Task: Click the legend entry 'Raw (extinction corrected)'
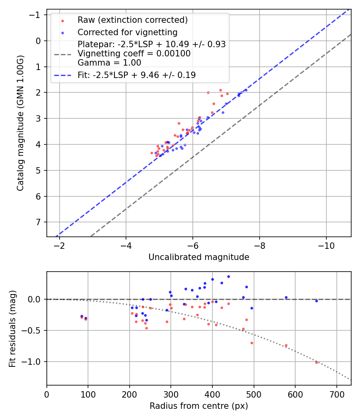click(132, 20)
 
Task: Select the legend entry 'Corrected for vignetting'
click(127, 32)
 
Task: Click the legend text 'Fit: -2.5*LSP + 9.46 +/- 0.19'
click(136, 75)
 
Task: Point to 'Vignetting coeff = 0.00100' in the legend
click(134, 54)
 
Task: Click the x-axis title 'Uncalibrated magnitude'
click(199, 257)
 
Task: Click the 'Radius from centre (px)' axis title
click(199, 406)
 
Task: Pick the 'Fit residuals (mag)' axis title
click(12, 328)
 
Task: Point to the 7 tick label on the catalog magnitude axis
click(38, 222)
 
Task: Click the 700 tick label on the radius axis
click(336, 394)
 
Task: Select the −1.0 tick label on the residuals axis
click(34, 362)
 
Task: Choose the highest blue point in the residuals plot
click(228, 276)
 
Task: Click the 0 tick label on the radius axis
click(47, 394)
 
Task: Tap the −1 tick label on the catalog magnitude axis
click(36, 15)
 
